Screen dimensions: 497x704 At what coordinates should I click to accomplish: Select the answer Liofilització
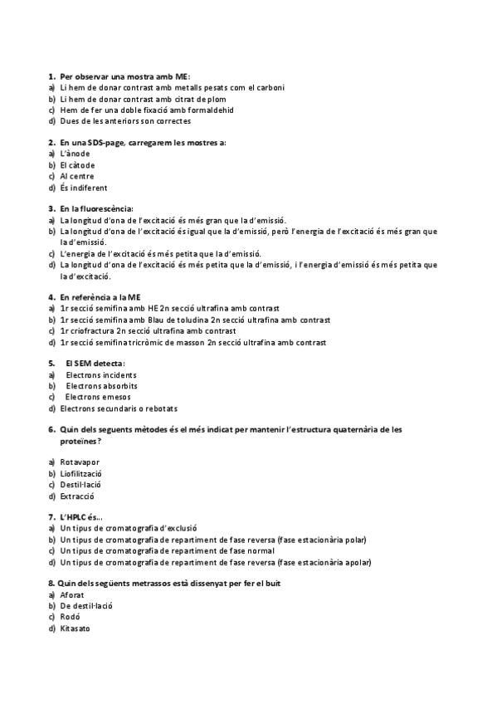click(x=80, y=472)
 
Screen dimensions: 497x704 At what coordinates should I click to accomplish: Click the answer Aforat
click(x=72, y=594)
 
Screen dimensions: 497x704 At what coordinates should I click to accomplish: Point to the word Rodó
click(x=70, y=617)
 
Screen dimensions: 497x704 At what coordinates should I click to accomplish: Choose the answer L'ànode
click(x=75, y=154)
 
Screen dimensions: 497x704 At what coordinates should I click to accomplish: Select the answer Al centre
click(x=76, y=176)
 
